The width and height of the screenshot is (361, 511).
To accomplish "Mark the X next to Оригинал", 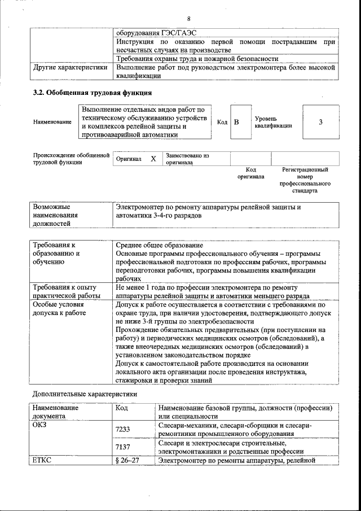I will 153,159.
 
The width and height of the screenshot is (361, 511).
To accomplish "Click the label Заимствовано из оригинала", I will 187,159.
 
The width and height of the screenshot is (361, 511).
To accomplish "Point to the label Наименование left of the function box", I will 52,122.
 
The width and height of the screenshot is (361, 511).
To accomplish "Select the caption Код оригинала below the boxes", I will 251,173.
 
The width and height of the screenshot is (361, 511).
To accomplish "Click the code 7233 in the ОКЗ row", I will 122,430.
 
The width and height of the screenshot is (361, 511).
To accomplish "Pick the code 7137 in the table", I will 122,447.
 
